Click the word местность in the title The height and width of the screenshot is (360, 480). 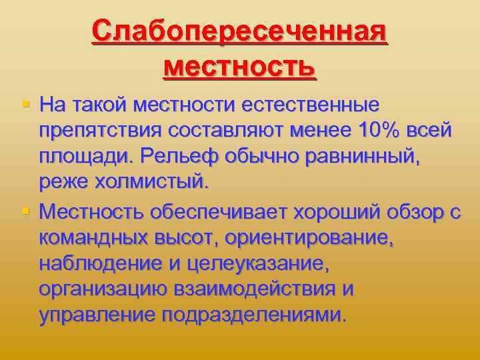239,66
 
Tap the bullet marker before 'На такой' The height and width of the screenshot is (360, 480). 25,103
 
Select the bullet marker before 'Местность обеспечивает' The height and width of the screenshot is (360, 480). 25,211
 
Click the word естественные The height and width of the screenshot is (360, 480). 311,105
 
